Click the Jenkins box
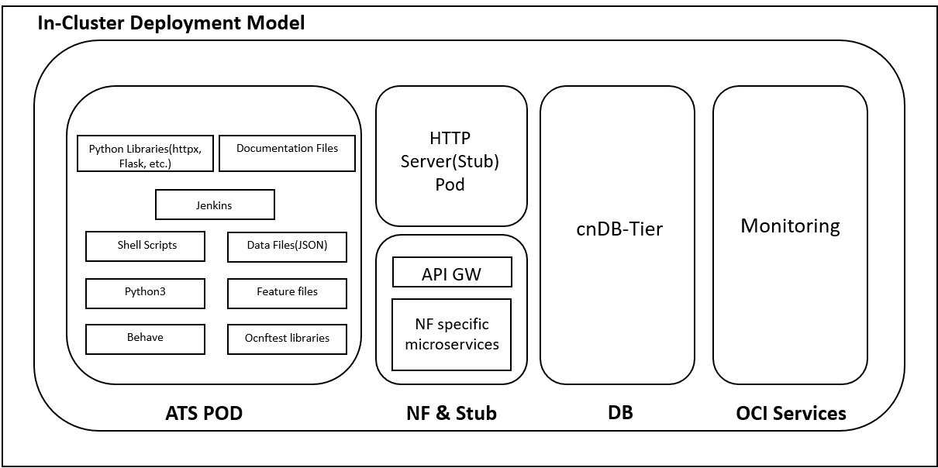215,205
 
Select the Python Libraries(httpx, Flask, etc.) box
145,153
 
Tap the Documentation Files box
287,153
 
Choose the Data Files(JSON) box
287,246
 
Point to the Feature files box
287,293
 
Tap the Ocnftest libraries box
287,339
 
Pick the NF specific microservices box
452,334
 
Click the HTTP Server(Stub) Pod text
450,161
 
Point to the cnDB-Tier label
619,229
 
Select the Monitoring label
790,226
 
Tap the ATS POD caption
204,414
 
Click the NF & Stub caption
451,414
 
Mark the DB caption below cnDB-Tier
620,413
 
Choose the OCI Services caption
791,414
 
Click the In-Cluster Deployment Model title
171,23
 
